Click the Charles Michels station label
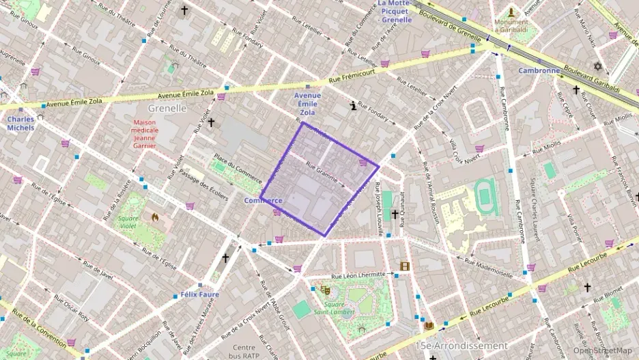[20, 123]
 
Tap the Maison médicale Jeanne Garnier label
[145, 133]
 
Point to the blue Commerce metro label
[263, 201]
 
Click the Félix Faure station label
[199, 295]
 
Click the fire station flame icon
[156, 218]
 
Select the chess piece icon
[352, 106]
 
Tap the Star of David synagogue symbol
[599, 66]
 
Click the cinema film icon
[405, 266]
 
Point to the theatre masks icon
[326, 289]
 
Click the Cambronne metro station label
[539, 70]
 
